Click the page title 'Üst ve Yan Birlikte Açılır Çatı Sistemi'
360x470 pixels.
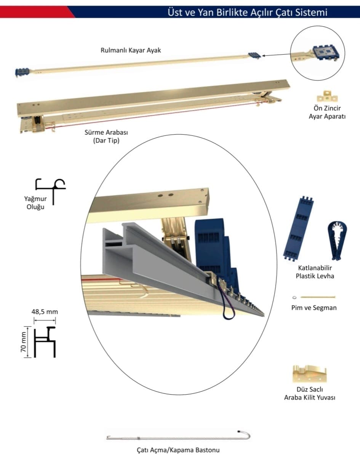click(247, 12)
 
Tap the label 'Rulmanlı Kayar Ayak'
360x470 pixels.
click(131, 50)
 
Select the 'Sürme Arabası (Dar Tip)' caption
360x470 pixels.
click(106, 136)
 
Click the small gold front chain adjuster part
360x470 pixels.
click(327, 96)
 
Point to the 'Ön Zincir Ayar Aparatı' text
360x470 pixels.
click(327, 112)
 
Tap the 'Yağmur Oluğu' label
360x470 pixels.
click(35, 203)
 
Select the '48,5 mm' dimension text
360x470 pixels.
click(45, 312)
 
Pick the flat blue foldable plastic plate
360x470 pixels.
click(298, 229)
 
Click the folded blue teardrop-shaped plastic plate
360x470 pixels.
click(337, 240)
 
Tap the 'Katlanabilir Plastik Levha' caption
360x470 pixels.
click(315, 272)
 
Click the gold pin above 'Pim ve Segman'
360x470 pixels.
click(318, 297)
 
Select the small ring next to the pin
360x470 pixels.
click(294, 297)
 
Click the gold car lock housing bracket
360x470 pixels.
click(309, 374)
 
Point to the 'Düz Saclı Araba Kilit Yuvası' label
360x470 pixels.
click(309, 393)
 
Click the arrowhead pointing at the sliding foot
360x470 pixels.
click(264, 56)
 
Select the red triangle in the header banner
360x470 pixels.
click(37, 12)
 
